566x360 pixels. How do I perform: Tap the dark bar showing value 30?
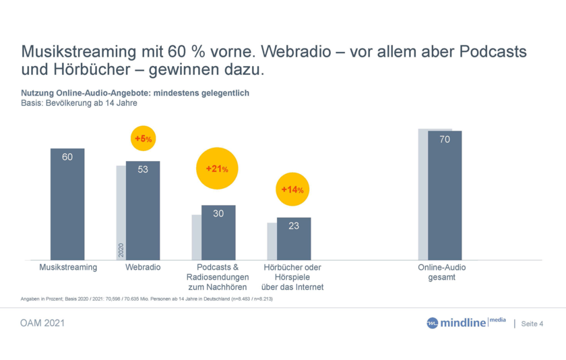tap(218, 233)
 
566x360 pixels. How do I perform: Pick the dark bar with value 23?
tap(294, 239)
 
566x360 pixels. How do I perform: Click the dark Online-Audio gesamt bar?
tap(445, 196)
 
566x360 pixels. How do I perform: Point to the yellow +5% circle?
tap(143, 139)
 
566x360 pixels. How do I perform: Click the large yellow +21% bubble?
tap(217, 169)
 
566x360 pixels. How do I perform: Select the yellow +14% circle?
tap(292, 189)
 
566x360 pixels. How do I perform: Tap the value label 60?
tap(67, 157)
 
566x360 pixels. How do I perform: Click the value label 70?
tap(445, 140)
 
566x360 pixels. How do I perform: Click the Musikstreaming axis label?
tap(67, 268)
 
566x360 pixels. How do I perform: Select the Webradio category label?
tap(143, 268)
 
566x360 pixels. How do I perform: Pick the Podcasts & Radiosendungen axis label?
tap(218, 277)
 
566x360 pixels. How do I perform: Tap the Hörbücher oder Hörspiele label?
tap(292, 277)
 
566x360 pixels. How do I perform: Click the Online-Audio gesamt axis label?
tap(442, 272)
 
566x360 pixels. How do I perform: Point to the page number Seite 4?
tap(532, 324)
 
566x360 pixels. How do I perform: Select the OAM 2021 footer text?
tap(42, 324)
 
